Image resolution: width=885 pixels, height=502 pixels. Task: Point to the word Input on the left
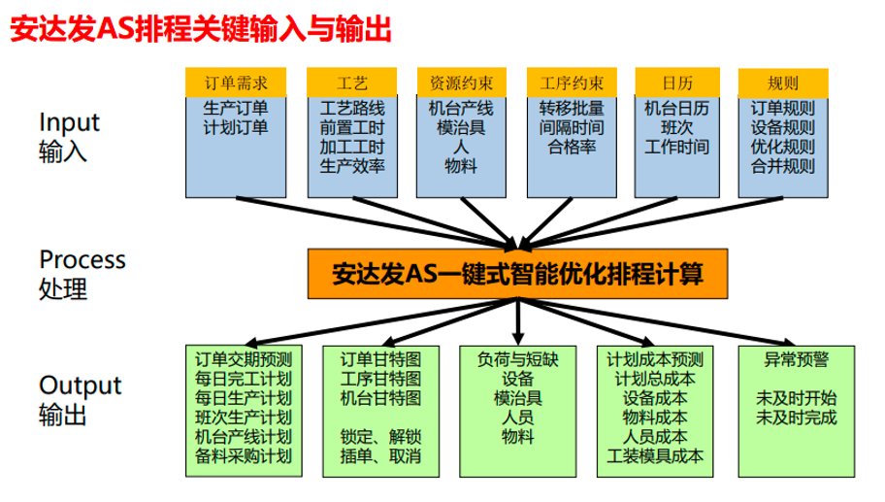[69, 122]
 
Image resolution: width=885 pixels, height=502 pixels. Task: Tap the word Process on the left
[82, 259]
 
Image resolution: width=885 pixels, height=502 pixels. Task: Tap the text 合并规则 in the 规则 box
[782, 166]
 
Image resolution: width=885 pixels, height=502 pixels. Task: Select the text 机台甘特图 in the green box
[379, 397]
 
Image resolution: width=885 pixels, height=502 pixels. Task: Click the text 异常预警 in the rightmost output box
[796, 358]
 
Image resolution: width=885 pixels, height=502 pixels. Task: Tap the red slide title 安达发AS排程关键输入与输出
[199, 31]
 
